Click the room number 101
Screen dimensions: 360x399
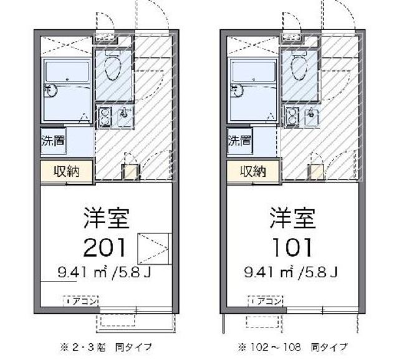coord(292,247)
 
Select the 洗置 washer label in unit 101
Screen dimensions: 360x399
coord(239,140)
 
